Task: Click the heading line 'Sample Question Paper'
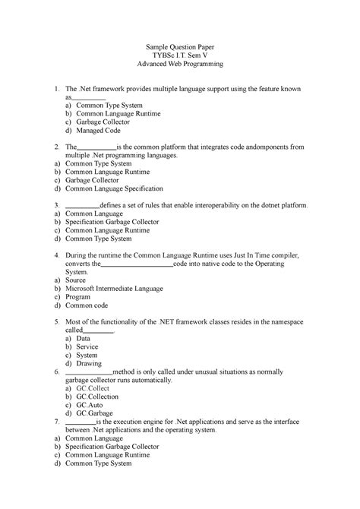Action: point(180,48)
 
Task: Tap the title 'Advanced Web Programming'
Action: point(180,68)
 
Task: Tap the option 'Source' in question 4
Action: point(77,279)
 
